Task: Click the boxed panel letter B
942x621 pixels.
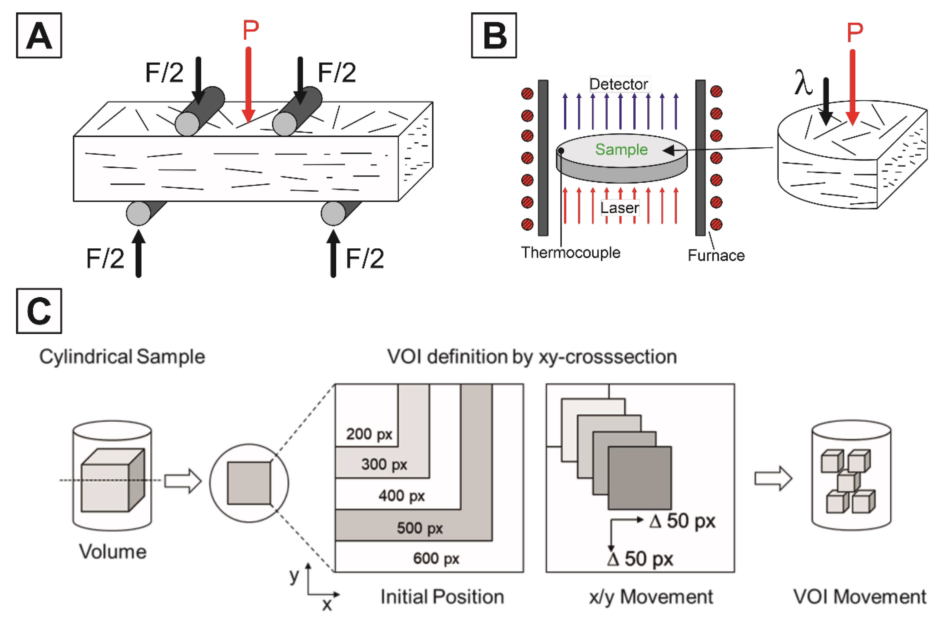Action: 494,36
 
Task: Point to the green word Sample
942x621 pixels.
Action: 621,149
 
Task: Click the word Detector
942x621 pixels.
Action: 618,84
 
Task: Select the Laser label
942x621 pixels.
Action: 619,208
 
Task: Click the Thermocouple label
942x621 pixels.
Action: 571,253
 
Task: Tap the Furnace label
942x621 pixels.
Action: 716,256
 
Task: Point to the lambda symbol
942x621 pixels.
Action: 803,83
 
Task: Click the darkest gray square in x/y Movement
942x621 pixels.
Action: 639,478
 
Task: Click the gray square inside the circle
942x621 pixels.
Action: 249,483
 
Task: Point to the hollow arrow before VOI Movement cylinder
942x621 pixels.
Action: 773,478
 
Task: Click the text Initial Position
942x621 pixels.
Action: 442,597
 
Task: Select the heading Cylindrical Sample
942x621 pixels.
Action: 122,357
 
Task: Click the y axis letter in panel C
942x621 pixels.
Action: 294,575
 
